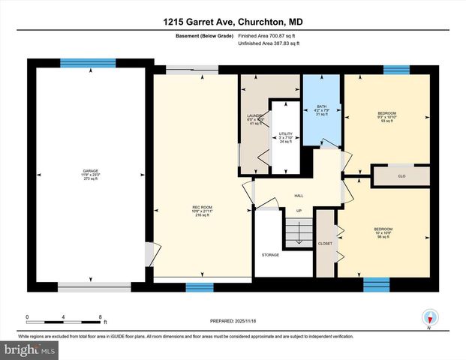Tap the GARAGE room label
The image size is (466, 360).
click(90, 171)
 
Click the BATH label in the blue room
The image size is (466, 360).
click(322, 106)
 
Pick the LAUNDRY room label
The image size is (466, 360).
click(256, 115)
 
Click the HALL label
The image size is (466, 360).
click(299, 196)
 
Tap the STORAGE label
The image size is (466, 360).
click(270, 255)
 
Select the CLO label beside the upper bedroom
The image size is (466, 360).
click(401, 177)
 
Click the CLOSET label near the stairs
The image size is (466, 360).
click(326, 244)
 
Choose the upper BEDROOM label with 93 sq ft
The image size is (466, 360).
click(386, 113)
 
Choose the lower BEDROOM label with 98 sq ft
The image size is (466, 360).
click(383, 229)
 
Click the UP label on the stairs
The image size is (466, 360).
click(299, 211)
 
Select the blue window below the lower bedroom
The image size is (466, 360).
click(377, 284)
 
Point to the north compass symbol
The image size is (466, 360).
click(430, 317)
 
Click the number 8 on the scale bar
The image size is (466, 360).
click(100, 316)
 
